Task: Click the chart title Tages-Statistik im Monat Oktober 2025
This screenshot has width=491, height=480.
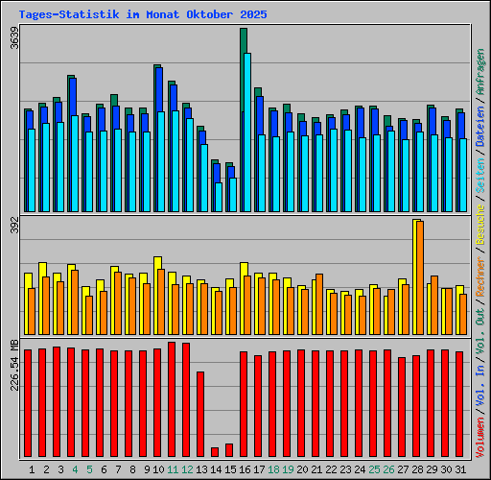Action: [143, 15]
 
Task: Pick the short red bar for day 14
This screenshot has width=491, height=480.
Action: [215, 452]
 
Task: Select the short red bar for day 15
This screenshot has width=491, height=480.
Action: [229, 450]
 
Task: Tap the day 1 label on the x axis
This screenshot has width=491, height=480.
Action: [33, 469]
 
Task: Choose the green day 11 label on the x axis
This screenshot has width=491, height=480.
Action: [173, 469]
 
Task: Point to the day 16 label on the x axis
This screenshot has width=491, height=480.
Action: [245, 469]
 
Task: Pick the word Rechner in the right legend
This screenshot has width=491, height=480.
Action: [479, 278]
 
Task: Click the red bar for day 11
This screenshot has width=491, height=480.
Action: [172, 399]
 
